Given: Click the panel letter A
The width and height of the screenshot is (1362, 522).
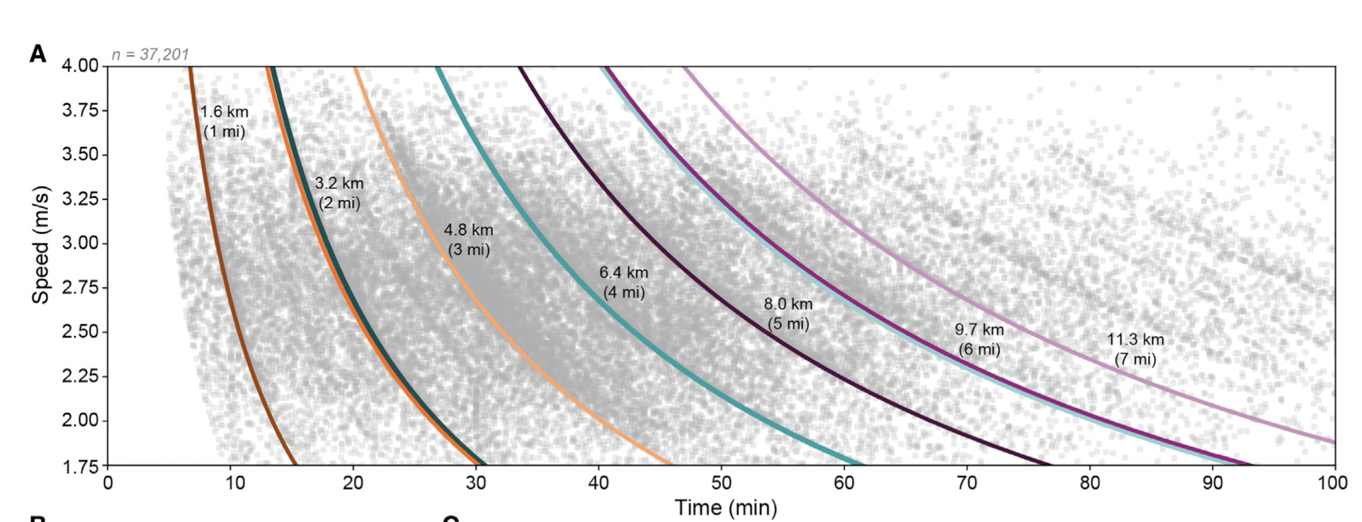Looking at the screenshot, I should [x=38, y=54].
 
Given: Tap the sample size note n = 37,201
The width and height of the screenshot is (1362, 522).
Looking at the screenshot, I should [x=150, y=54].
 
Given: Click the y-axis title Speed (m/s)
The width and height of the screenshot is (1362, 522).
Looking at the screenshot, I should [x=41, y=244].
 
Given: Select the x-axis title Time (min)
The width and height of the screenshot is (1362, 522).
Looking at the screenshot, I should [x=726, y=508].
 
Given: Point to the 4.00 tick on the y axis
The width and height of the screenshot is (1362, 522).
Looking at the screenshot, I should [x=80, y=66].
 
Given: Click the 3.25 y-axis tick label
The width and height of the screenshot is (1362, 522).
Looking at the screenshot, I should [x=80, y=199].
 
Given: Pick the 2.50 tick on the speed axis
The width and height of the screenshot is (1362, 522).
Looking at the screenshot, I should [x=80, y=332].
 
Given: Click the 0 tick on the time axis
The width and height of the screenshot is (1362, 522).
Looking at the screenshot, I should [x=108, y=483].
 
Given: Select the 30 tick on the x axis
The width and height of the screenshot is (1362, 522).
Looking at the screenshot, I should [x=476, y=483].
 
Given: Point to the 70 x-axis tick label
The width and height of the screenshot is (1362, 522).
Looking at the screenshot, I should [x=967, y=483].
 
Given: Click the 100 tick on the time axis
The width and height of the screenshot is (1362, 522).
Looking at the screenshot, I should [x=1332, y=483].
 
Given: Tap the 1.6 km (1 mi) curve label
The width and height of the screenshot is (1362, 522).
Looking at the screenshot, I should [x=224, y=122].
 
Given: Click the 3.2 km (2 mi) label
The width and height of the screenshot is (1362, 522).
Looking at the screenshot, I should [x=339, y=193].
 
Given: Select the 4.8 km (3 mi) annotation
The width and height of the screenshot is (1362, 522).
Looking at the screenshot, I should [x=469, y=240].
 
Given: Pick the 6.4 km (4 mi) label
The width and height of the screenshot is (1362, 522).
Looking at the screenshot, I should [x=624, y=282].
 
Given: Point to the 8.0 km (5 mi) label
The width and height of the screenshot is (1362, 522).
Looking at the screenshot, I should [x=788, y=314].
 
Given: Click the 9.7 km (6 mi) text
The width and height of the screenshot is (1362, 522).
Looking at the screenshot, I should [x=980, y=339].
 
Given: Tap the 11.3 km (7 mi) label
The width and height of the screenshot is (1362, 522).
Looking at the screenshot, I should [x=1135, y=349].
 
